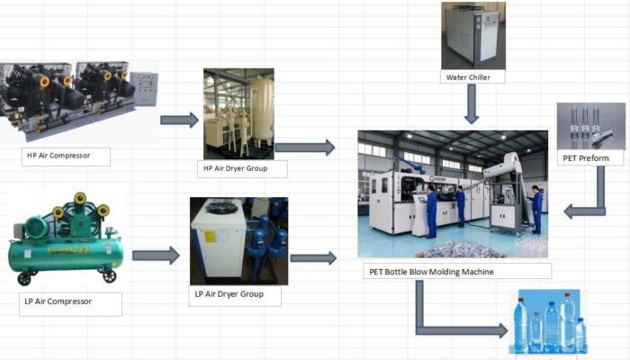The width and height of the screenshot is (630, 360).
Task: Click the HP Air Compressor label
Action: click(58, 156)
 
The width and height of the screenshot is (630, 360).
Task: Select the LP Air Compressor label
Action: click(58, 301)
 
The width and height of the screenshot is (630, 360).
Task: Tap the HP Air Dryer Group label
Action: click(236, 168)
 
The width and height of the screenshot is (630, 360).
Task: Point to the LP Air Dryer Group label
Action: click(229, 294)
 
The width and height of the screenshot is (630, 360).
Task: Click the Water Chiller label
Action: click(468, 77)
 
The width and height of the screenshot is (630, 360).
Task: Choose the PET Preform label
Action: click(586, 158)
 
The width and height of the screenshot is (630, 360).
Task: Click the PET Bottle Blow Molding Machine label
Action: click(431, 272)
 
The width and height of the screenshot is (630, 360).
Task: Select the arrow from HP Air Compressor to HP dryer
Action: click(179, 120)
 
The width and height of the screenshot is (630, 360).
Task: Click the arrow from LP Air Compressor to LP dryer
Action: click(156, 256)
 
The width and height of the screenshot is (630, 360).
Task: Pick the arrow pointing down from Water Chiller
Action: click(472, 103)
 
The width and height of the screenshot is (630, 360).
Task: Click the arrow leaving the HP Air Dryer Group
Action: click(305, 148)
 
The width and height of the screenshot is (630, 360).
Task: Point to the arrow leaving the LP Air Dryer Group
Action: click(313, 258)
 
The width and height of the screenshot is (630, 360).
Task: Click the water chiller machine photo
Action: click(473, 36)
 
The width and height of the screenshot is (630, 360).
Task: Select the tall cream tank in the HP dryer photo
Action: click(263, 112)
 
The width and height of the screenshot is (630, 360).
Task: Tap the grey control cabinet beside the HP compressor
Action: click(144, 89)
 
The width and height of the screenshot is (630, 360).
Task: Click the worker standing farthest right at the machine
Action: click(536, 209)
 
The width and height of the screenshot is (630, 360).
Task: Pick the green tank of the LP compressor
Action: click(65, 255)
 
